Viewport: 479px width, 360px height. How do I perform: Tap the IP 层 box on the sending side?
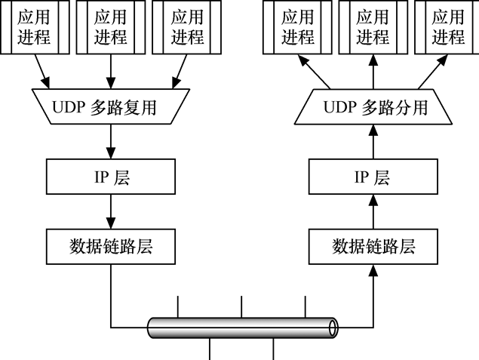(111, 177)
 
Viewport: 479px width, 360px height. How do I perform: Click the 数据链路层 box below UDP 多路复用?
(111, 246)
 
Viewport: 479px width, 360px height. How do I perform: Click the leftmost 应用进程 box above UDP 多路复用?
(36, 27)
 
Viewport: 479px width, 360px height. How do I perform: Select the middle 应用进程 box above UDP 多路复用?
(111, 27)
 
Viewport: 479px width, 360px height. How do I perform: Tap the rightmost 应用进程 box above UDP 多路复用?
(186, 27)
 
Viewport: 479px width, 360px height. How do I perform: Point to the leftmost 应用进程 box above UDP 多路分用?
(297, 27)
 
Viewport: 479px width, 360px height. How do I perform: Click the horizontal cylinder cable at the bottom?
(241, 328)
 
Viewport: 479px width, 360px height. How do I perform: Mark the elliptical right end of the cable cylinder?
(333, 328)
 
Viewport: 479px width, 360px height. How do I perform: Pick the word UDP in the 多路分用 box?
(339, 108)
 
